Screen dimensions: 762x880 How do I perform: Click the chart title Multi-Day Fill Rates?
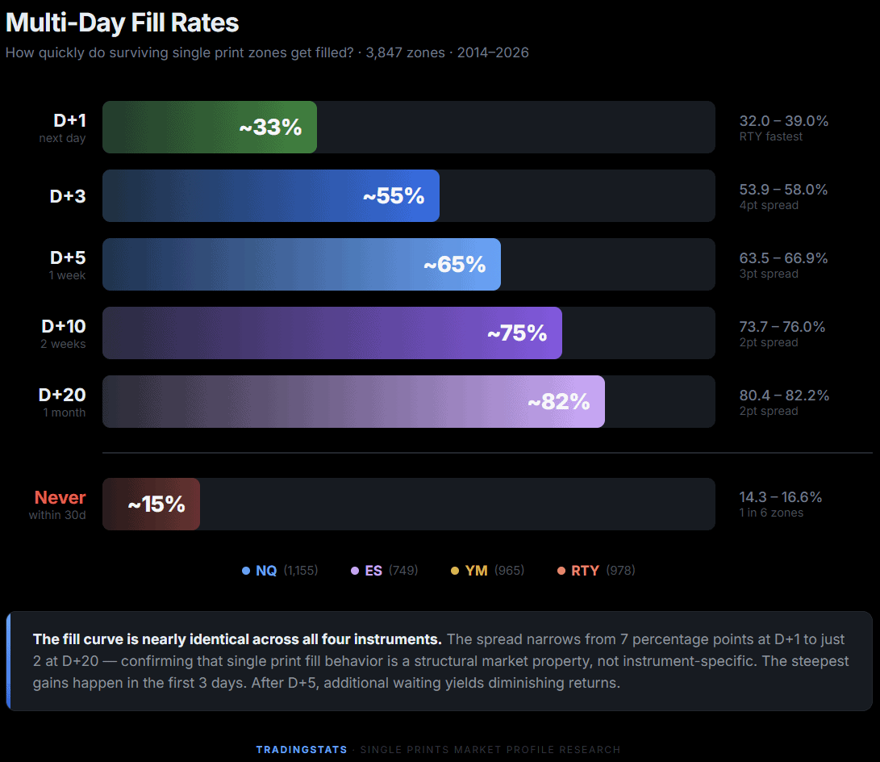click(x=123, y=23)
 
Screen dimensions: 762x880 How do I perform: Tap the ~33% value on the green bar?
click(x=270, y=128)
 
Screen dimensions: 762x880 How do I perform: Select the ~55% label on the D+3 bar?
click(x=393, y=196)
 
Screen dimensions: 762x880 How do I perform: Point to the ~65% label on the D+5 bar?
click(x=454, y=265)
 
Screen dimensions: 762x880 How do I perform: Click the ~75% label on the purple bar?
click(x=516, y=333)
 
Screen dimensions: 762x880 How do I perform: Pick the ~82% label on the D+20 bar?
click(x=558, y=402)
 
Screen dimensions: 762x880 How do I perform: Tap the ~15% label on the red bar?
click(x=156, y=505)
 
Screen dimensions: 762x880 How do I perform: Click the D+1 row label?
click(x=69, y=120)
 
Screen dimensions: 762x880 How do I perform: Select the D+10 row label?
click(x=64, y=326)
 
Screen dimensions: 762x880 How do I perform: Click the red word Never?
click(x=60, y=497)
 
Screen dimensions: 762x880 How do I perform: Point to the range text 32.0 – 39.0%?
click(x=783, y=121)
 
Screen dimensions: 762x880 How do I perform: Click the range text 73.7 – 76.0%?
click(x=782, y=327)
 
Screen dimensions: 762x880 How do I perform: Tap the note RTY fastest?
click(x=770, y=137)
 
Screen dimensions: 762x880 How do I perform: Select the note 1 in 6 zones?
click(x=770, y=513)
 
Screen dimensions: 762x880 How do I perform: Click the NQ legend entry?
click(x=266, y=571)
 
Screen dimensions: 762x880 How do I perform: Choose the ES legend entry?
click(x=373, y=571)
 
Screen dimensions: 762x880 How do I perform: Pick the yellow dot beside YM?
click(x=455, y=571)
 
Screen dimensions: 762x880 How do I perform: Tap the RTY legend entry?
click(x=585, y=571)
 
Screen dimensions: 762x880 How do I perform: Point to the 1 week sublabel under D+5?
click(x=68, y=275)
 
